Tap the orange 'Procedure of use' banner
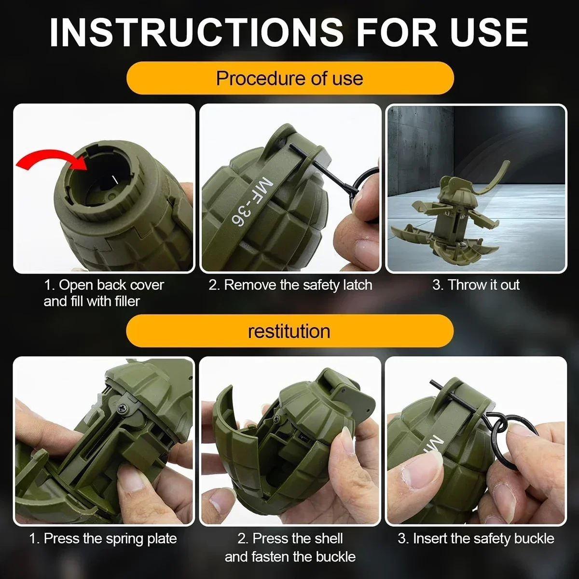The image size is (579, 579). pyautogui.click(x=289, y=78)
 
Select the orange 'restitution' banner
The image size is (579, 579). pyautogui.click(x=289, y=331)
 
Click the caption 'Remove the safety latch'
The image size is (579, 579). pyautogui.click(x=290, y=285)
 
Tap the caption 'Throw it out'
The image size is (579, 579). pyautogui.click(x=476, y=285)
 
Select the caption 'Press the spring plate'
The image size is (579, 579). pyautogui.click(x=103, y=538)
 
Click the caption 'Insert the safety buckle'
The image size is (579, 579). pyautogui.click(x=476, y=538)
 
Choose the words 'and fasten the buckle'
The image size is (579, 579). pyautogui.click(x=290, y=557)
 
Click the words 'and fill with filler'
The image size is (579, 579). pyautogui.click(x=92, y=302)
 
